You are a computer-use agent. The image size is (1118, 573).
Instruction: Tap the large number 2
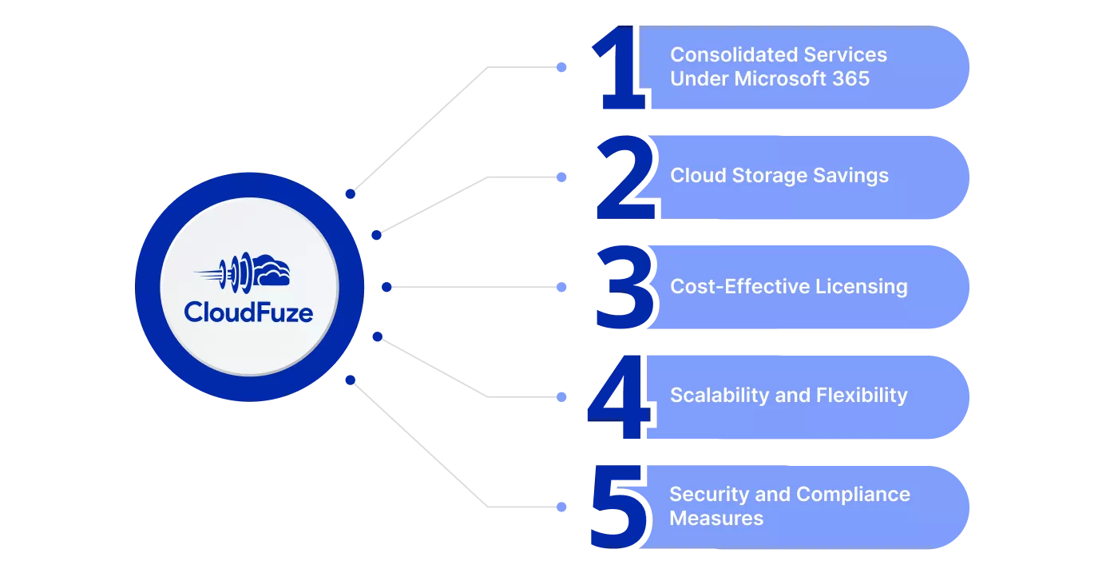click(624, 177)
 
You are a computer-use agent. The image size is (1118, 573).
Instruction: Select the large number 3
click(624, 287)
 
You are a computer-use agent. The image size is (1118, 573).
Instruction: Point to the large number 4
click(619, 397)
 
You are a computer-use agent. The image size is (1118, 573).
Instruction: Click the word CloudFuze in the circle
click(248, 312)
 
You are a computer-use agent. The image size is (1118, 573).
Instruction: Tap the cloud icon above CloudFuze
click(243, 273)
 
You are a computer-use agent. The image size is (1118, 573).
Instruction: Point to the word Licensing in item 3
click(862, 287)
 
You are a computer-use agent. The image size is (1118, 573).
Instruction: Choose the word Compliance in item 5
click(853, 495)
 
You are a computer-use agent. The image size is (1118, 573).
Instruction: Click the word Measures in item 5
click(716, 519)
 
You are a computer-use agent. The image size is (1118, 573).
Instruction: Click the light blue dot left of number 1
click(561, 67)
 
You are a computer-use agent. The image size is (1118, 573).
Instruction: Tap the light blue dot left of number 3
click(561, 287)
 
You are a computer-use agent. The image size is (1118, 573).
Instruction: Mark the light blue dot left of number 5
click(561, 507)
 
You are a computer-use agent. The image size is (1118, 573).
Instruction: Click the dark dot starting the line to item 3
click(387, 287)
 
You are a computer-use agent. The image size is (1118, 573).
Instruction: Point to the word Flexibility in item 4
click(862, 395)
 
